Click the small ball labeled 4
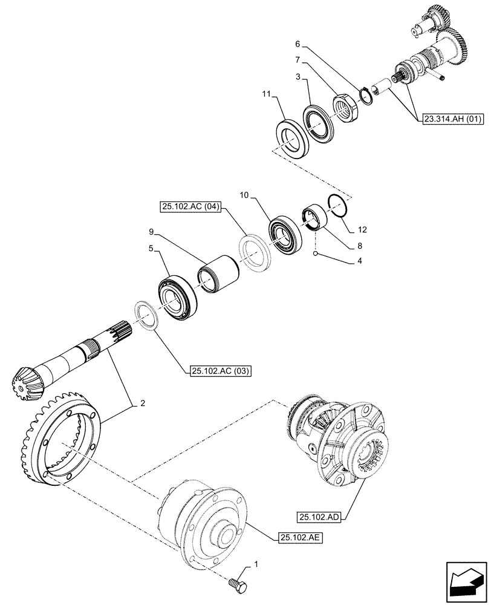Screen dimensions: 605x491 (316, 254)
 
